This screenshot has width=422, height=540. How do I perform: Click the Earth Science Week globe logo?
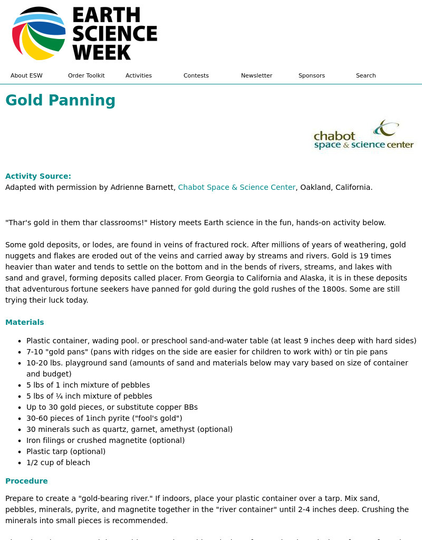(x=39, y=34)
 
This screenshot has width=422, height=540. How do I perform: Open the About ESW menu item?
(x=26, y=75)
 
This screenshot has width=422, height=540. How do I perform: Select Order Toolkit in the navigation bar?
(x=86, y=75)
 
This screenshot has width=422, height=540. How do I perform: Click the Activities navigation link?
(x=139, y=75)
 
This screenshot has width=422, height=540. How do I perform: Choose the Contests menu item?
(x=196, y=75)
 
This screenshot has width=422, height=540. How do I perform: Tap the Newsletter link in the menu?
(x=256, y=75)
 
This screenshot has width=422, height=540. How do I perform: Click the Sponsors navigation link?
(x=312, y=75)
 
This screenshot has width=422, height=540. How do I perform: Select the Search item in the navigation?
(x=366, y=75)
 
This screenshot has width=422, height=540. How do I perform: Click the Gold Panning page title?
(x=60, y=100)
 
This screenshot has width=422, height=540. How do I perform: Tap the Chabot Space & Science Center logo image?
(x=364, y=136)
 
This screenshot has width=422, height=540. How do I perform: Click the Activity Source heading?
(x=38, y=176)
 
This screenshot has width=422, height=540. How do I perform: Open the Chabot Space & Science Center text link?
(x=236, y=187)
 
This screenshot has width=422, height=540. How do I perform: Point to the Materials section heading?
(x=25, y=322)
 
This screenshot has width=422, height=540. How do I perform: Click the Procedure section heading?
(x=26, y=481)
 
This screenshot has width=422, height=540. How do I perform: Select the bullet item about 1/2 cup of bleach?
(x=58, y=462)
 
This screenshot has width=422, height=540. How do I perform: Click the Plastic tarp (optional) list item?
(x=66, y=451)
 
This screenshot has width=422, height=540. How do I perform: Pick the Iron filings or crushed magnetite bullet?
(x=105, y=440)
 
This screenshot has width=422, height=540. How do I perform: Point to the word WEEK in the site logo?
(x=101, y=52)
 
